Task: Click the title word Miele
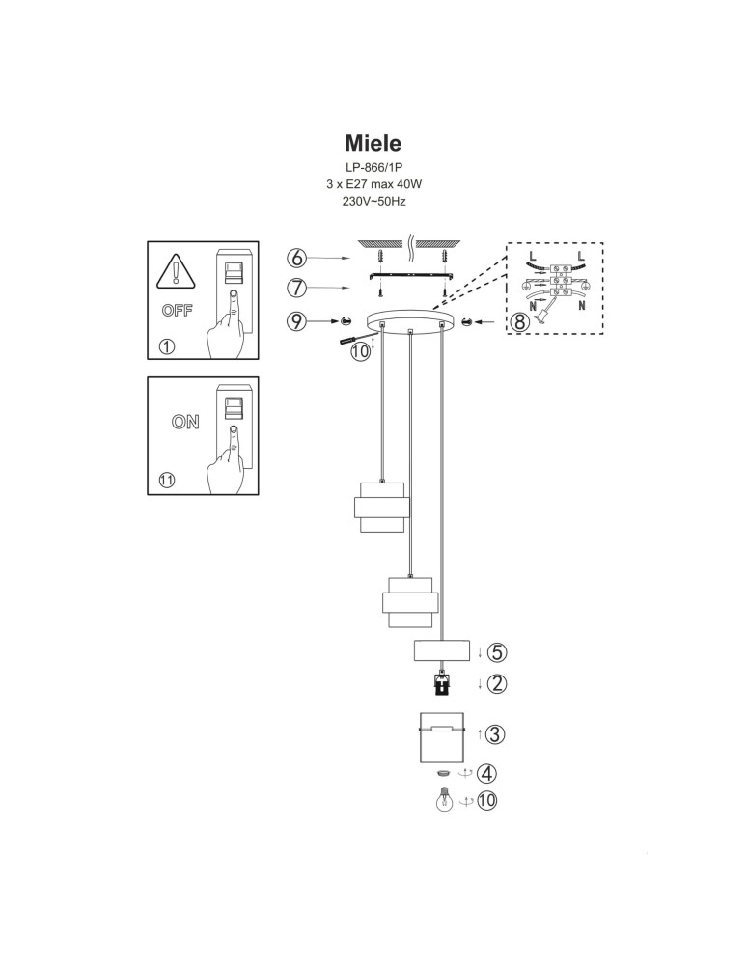click(373, 143)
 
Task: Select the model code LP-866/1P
click(373, 167)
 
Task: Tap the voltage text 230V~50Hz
click(373, 202)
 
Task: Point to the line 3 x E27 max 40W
click(373, 184)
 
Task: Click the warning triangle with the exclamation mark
click(175, 271)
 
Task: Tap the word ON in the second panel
click(184, 422)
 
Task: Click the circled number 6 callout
click(297, 258)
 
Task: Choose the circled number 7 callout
click(297, 288)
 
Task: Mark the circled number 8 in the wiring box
click(520, 322)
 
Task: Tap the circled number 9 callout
click(297, 321)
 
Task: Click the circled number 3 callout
click(494, 734)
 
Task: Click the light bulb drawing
click(443, 801)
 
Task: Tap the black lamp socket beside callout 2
click(442, 685)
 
